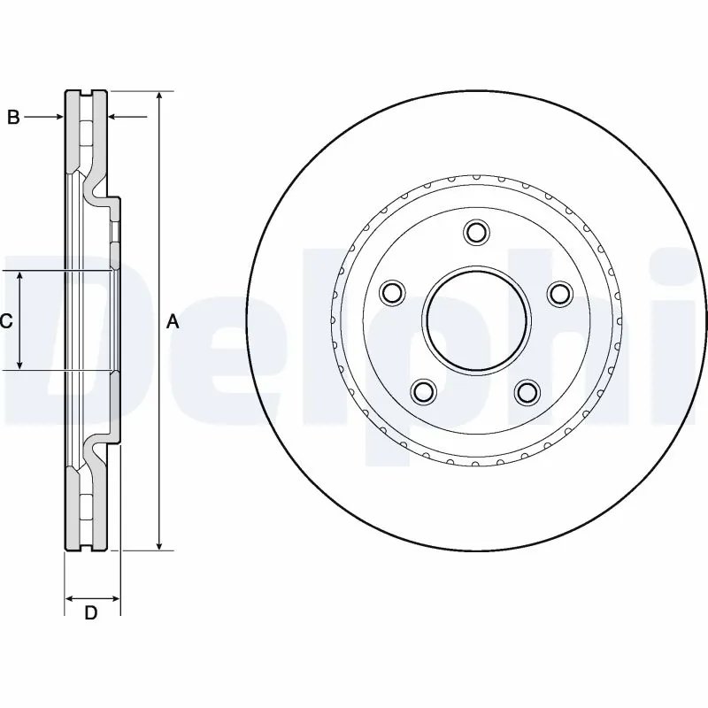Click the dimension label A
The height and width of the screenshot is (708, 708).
[173, 322]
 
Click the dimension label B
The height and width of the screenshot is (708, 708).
[13, 117]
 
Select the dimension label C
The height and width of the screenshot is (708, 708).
[6, 321]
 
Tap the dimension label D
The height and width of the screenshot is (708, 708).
[90, 612]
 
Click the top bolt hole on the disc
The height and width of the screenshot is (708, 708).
[476, 233]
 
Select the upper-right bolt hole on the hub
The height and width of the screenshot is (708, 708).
[560, 292]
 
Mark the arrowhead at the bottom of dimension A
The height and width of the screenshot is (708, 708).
[159, 544]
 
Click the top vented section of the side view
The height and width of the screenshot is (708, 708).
[87, 133]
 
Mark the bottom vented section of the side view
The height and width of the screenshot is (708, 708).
[87, 509]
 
